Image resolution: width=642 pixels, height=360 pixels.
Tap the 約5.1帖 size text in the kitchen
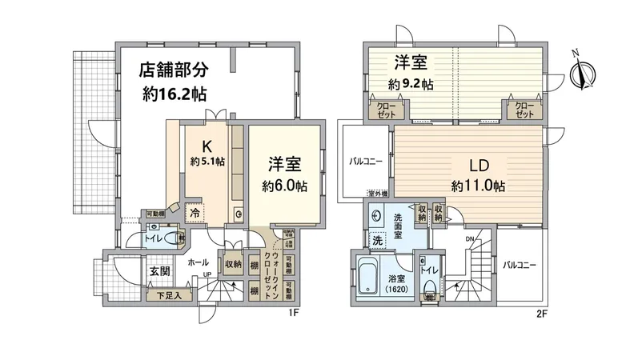[207, 162]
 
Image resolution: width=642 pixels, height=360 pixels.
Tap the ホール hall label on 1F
[198, 262]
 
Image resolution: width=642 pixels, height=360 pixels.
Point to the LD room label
[478, 166]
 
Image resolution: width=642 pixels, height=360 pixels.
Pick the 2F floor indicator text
[541, 314]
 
